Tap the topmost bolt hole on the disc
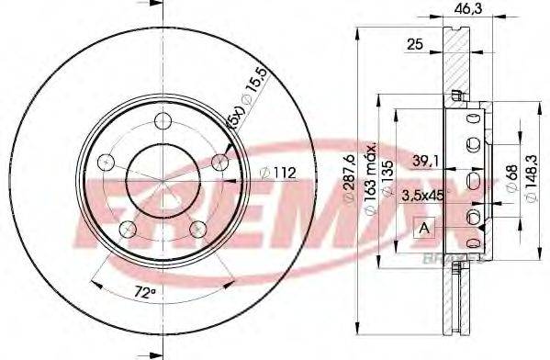tap(164, 119)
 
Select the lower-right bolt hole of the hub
tap(196, 229)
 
